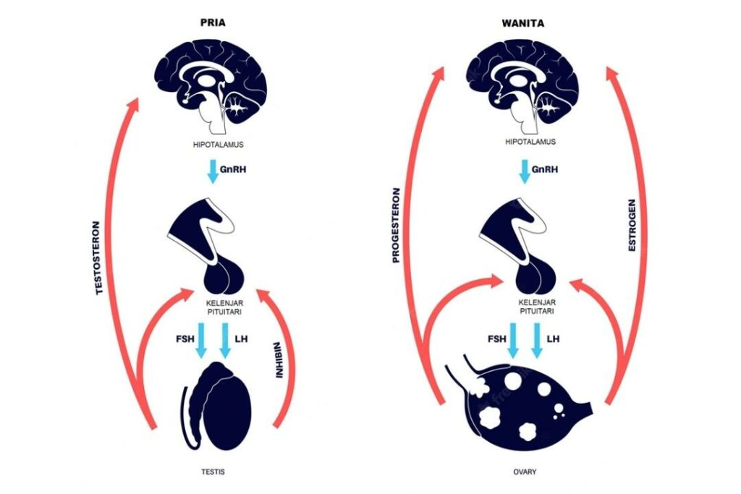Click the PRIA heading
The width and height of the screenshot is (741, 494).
(213, 22)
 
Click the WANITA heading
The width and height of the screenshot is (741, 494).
(523, 22)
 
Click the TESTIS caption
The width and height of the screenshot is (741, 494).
(213, 472)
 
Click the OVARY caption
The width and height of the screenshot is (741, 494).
(523, 472)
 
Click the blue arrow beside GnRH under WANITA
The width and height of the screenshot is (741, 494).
(522, 172)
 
